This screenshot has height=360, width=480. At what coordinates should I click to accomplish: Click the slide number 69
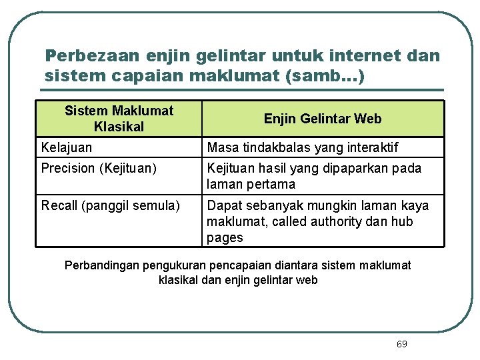pyautogui.click(x=401, y=344)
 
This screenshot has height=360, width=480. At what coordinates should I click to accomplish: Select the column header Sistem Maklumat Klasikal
pyautogui.click(x=119, y=119)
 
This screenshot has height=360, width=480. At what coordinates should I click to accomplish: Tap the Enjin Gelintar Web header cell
pyautogui.click(x=323, y=119)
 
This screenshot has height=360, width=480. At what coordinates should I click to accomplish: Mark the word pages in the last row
pyautogui.click(x=225, y=237)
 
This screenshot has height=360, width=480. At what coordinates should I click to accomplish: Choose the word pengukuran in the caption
pyautogui.click(x=177, y=265)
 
